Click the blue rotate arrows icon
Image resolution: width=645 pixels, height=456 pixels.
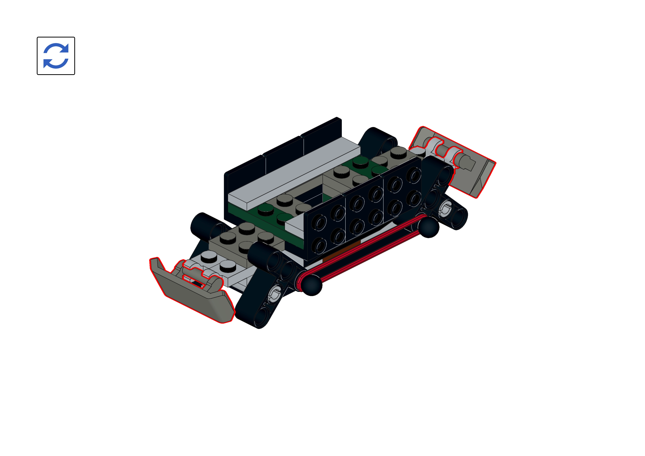point(56,56)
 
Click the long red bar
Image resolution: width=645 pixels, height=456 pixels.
point(365,250)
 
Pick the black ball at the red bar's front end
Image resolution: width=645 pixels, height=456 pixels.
point(312,285)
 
